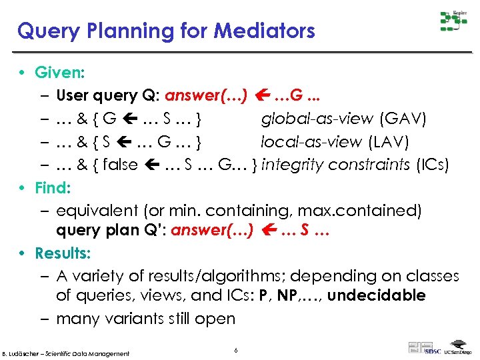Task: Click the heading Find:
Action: (x=54, y=187)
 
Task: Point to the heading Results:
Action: (x=63, y=253)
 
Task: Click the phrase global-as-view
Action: (x=317, y=119)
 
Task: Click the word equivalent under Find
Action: (x=96, y=211)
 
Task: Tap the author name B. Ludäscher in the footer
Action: (x=24, y=353)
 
